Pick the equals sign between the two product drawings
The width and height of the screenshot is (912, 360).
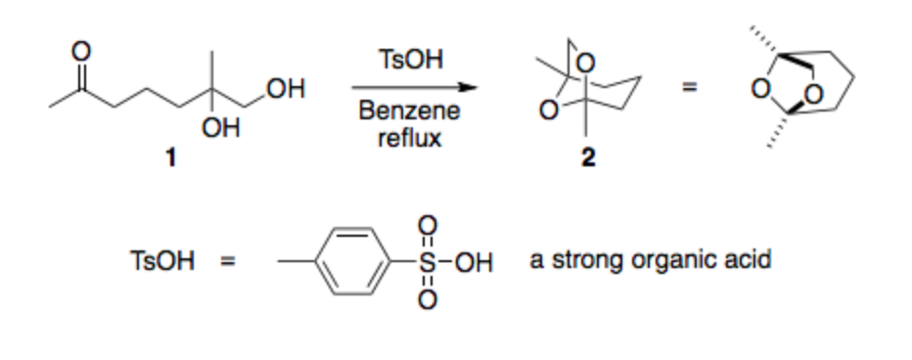[x=689, y=89]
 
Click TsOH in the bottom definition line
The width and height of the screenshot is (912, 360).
[x=161, y=261]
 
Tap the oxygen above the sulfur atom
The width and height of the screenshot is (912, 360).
[x=427, y=224]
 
